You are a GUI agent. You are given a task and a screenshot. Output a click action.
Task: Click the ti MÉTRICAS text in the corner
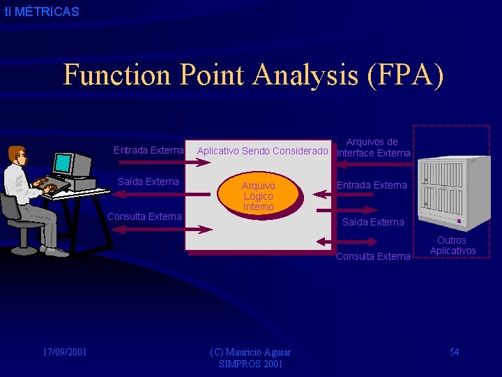click(x=42, y=12)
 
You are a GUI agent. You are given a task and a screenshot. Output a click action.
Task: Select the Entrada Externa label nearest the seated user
click(x=149, y=150)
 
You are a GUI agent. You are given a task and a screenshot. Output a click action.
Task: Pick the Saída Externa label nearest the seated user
click(x=149, y=182)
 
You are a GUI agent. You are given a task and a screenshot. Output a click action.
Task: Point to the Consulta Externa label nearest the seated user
click(x=144, y=216)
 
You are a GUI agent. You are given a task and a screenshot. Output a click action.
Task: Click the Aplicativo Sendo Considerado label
click(x=262, y=151)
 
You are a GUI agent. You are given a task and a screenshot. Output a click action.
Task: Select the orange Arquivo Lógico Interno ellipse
click(x=259, y=196)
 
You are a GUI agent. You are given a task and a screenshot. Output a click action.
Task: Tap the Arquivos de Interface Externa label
click(x=373, y=147)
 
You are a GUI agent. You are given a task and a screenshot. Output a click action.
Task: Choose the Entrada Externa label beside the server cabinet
click(x=372, y=185)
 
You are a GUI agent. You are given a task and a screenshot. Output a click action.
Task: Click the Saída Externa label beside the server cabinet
click(x=372, y=222)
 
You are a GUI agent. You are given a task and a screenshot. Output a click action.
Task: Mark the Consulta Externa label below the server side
click(x=373, y=256)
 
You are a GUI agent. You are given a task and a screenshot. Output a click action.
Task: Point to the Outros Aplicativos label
click(x=452, y=245)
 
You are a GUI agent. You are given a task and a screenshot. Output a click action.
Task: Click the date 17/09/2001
click(x=64, y=352)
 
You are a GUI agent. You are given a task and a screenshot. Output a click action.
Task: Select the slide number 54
click(x=454, y=352)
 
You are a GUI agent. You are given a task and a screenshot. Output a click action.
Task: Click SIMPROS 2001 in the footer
click(x=251, y=364)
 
